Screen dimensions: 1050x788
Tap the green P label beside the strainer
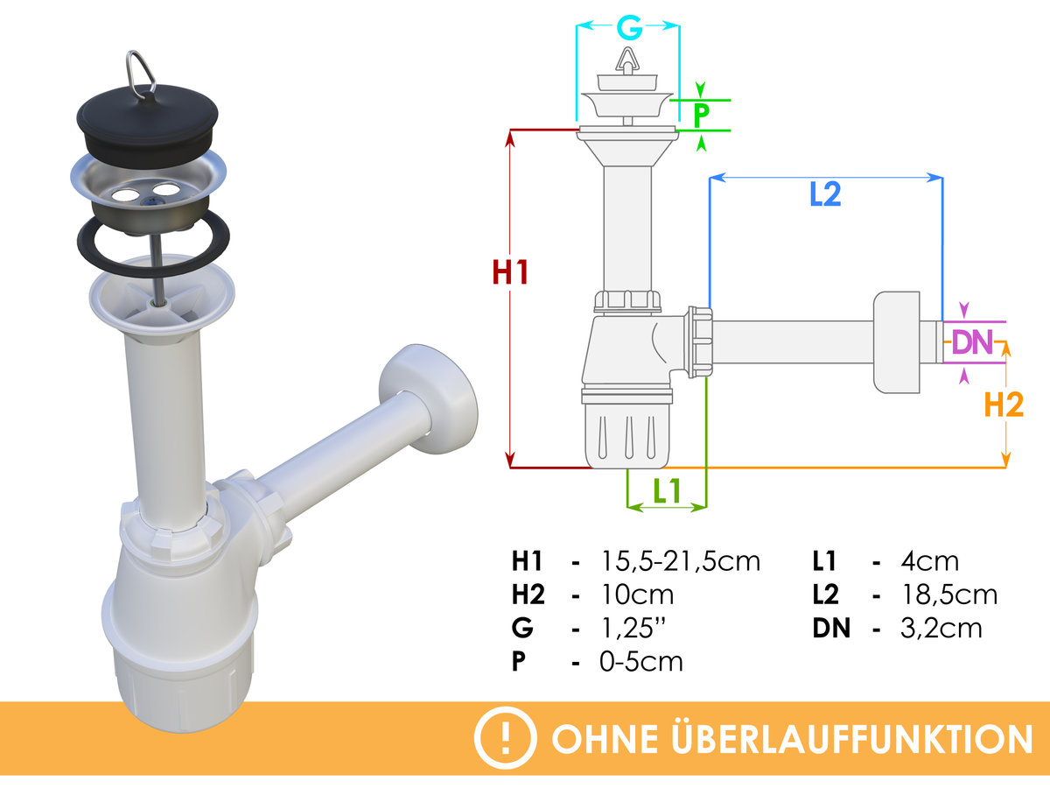(701, 115)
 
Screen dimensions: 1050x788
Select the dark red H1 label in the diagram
(510, 272)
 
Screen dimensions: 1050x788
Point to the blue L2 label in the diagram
(825, 193)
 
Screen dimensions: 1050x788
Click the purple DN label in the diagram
(973, 342)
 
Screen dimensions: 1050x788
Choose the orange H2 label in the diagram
(1004, 405)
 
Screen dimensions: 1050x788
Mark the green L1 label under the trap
(667, 490)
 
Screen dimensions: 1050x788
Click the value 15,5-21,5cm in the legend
(680, 562)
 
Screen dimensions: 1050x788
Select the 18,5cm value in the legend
(949, 595)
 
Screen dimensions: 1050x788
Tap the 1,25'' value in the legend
(633, 628)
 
